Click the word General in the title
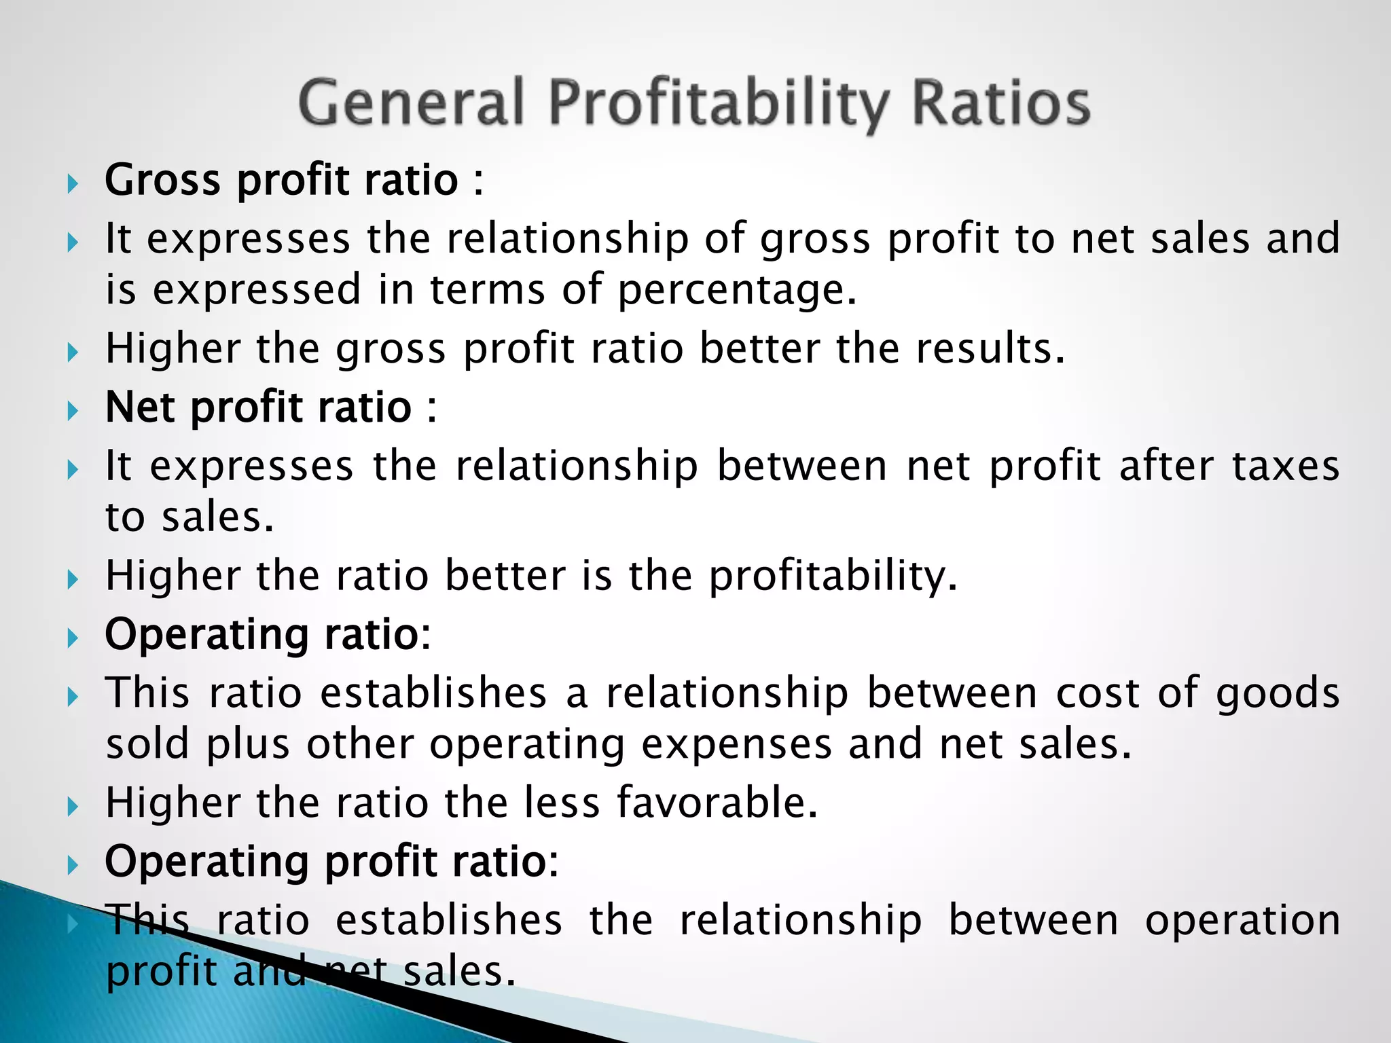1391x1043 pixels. (411, 103)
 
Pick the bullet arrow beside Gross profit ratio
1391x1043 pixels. (73, 183)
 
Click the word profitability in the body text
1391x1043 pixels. (833, 577)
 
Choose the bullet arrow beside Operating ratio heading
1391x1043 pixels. (73, 638)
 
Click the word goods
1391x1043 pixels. (1278, 694)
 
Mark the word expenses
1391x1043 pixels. (736, 744)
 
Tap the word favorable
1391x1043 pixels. (717, 803)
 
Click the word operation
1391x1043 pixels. (1242, 921)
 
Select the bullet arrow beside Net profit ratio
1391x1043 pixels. (73, 411)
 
